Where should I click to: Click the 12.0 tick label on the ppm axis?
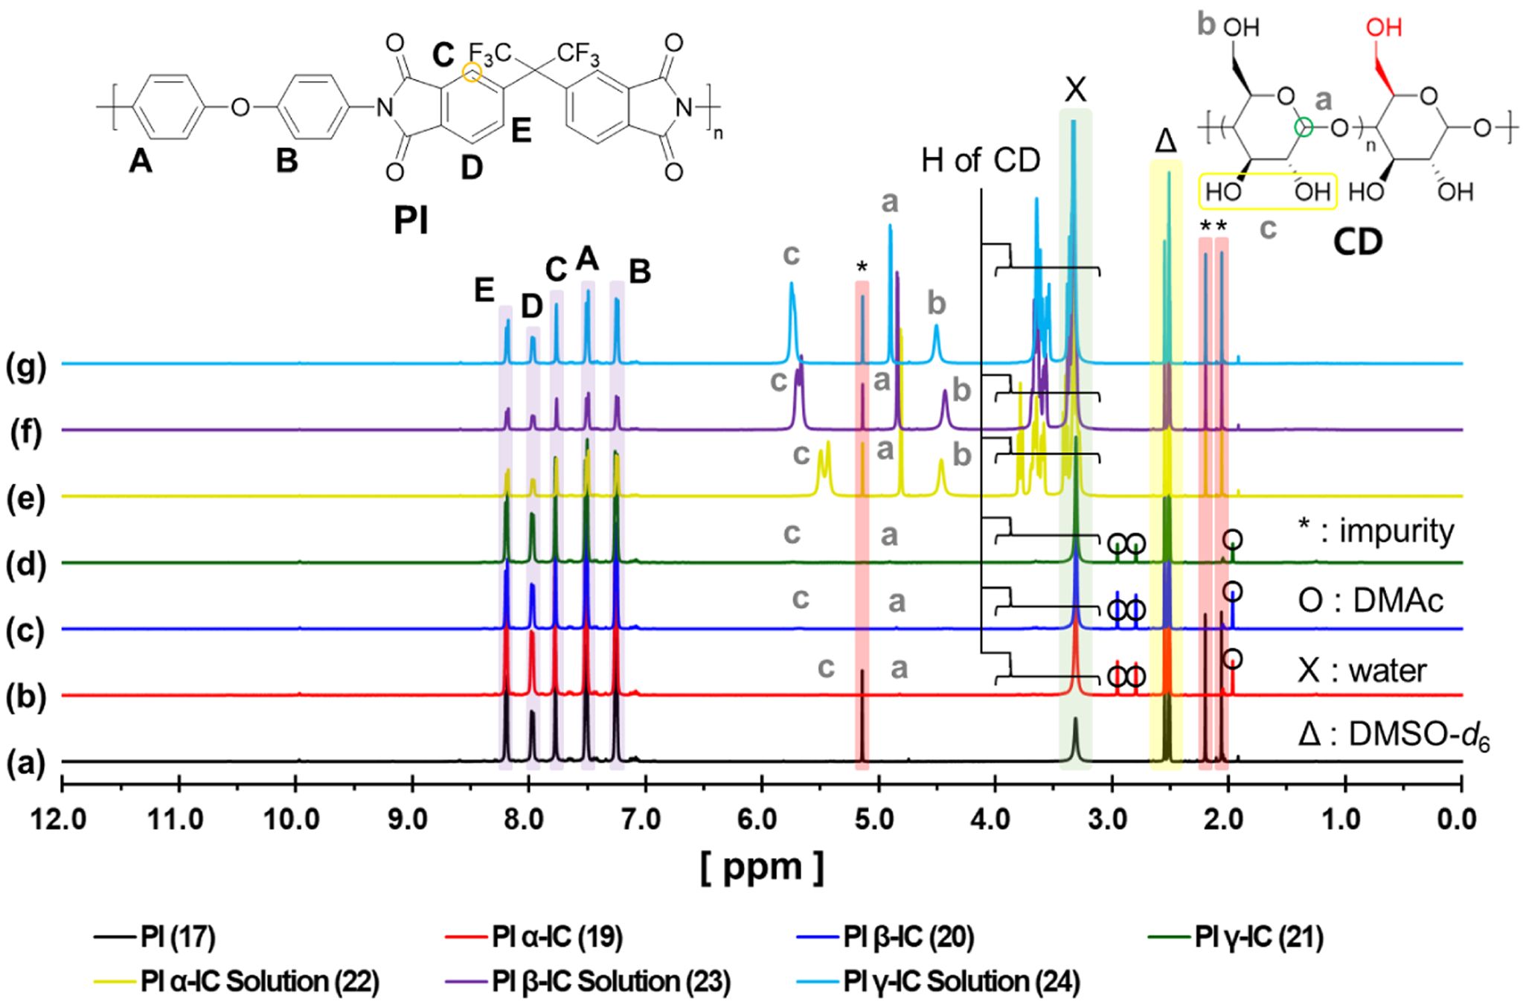tap(62, 821)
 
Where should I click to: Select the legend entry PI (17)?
tap(178, 939)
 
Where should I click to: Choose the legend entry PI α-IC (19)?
tap(557, 939)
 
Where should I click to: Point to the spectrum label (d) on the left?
tap(25, 565)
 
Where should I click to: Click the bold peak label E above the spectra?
tap(484, 291)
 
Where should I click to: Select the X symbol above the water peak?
tap(1075, 89)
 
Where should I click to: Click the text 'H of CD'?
tap(980, 159)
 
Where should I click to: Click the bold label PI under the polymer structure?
tap(411, 221)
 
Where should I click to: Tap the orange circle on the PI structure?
tap(472, 72)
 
